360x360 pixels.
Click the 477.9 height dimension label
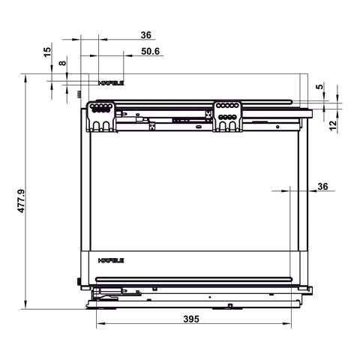tap(22, 199)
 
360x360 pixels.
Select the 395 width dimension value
tap(191, 319)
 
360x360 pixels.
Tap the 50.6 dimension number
tap(150, 52)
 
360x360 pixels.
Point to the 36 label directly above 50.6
tap(145, 34)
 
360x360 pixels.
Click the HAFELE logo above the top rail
tap(111, 83)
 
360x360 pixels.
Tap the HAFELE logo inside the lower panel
tap(111, 262)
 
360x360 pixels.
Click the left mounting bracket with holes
tap(103, 116)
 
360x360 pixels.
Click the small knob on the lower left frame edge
tap(80, 283)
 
